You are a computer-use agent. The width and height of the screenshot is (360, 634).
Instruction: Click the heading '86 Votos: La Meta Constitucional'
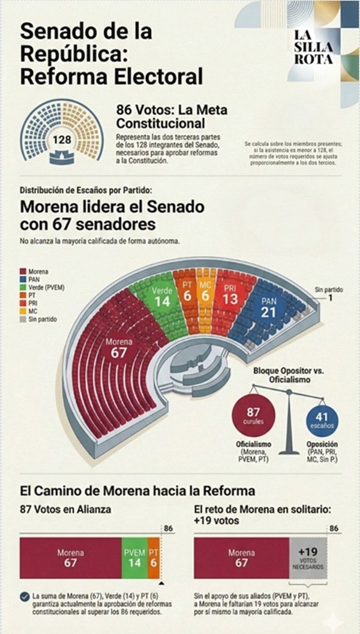172,116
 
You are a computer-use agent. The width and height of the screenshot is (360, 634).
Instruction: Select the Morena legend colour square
23,272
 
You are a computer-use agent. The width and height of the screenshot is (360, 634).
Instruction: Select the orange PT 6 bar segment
154,558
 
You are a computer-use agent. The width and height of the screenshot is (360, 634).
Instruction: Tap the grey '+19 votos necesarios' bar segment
308,558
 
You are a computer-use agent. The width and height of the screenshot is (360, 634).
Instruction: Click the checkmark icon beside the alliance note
25,597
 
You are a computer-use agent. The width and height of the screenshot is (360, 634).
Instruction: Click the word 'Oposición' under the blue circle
322,446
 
